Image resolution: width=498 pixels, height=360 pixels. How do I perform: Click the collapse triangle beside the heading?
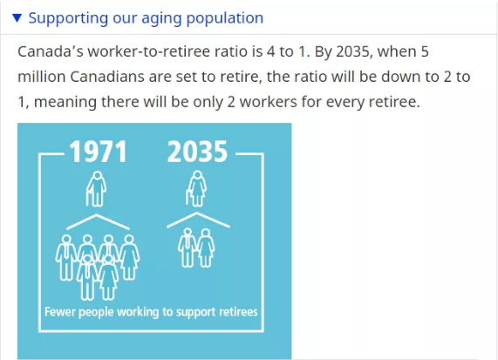click(x=17, y=18)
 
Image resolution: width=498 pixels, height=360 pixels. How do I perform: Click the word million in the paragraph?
click(x=42, y=77)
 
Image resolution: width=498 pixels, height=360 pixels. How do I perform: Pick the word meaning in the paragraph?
click(x=65, y=103)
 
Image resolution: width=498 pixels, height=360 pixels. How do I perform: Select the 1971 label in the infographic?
click(x=99, y=152)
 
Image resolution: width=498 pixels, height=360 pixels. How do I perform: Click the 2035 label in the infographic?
click(x=198, y=152)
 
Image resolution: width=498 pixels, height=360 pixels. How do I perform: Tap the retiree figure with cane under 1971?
click(x=96, y=189)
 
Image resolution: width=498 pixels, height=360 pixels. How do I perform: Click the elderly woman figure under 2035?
click(x=196, y=189)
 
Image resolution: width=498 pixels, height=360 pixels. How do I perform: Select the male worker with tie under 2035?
click(x=188, y=248)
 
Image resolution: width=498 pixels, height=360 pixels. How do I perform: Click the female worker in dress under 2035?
click(x=206, y=248)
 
